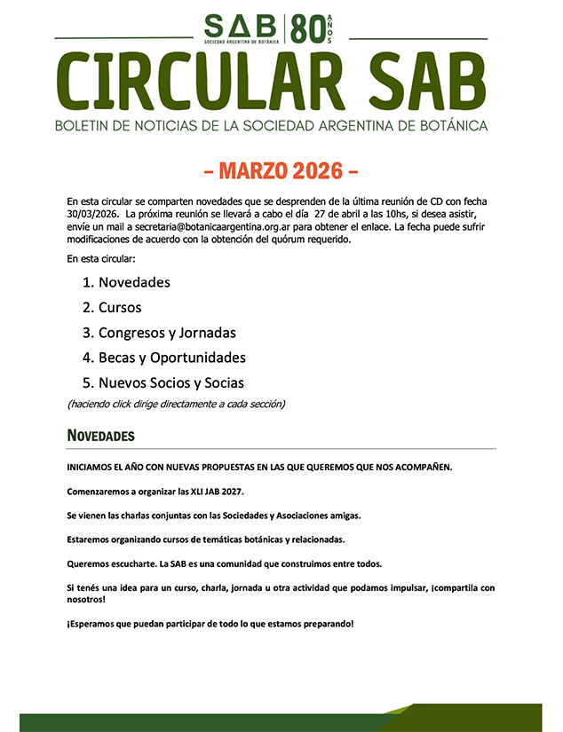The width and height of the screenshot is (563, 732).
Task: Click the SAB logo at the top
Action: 242,28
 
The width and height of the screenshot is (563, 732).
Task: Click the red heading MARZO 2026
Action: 281,169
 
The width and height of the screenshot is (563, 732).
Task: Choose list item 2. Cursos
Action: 111,308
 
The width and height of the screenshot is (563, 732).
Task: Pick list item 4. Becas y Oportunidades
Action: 163,358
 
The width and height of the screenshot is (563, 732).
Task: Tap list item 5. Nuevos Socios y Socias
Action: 163,383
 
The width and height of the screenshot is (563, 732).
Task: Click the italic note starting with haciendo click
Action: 176,405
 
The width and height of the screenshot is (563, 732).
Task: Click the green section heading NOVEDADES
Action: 100,436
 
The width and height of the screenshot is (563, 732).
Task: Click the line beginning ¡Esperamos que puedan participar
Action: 210,624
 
